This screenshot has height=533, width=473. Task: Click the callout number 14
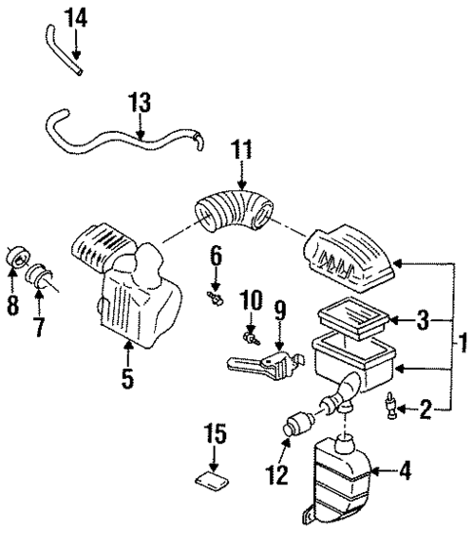coord(74,16)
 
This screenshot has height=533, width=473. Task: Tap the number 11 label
coord(241,150)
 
